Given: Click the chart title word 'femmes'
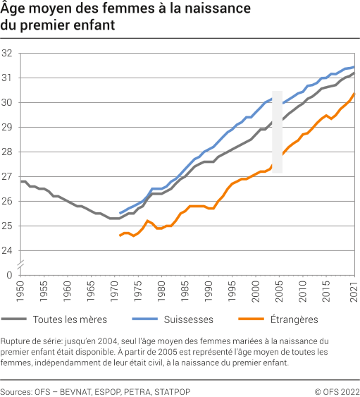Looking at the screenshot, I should (x=113, y=10).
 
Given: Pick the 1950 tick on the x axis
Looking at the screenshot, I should (x=20, y=290).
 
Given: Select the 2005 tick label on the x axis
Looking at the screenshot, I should (x=279, y=290).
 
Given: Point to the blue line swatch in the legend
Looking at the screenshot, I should (x=142, y=319).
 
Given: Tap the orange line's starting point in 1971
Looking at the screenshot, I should (x=120, y=236).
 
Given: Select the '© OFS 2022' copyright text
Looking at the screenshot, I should (x=336, y=391).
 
